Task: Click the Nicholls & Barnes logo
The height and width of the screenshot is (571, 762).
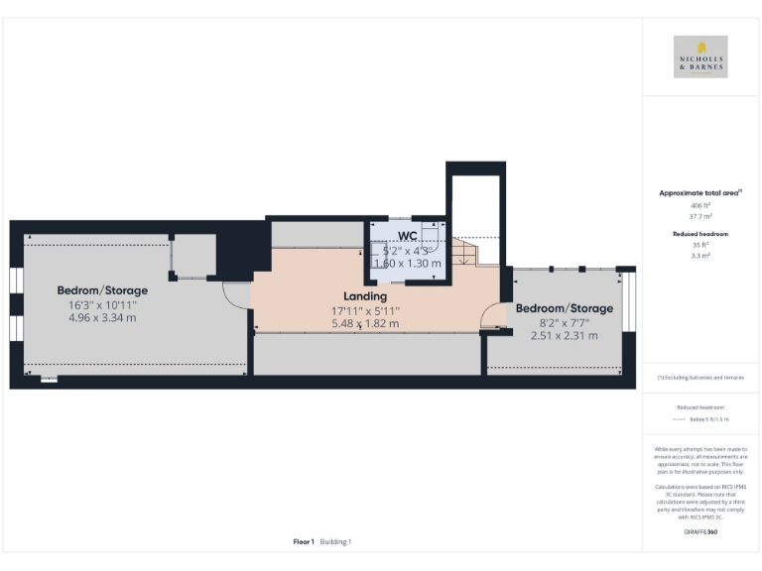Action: coord(700,57)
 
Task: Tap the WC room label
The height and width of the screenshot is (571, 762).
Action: coord(407,235)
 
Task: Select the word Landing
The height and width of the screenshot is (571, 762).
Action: coord(365,296)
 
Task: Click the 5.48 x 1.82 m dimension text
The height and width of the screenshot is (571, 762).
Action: coord(365,323)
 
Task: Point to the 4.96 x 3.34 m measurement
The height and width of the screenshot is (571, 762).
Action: coord(102,317)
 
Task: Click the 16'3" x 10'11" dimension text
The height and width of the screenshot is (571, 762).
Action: coord(102,304)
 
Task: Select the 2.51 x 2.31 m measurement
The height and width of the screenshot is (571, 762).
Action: coord(564,335)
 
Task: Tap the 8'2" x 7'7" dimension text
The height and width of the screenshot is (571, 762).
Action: coord(564,322)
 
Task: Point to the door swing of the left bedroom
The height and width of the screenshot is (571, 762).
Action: coord(236,295)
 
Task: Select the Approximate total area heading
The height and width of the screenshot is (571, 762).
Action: coord(700,192)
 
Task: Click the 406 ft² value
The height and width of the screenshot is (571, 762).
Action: coord(700,204)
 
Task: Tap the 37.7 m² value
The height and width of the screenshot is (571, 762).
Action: coord(700,214)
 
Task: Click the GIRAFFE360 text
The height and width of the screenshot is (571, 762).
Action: coord(700,532)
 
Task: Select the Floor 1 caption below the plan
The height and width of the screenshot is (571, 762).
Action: coord(304,542)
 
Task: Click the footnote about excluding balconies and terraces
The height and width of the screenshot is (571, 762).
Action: coord(700,378)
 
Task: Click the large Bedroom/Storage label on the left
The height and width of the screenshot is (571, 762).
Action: coord(102,290)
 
